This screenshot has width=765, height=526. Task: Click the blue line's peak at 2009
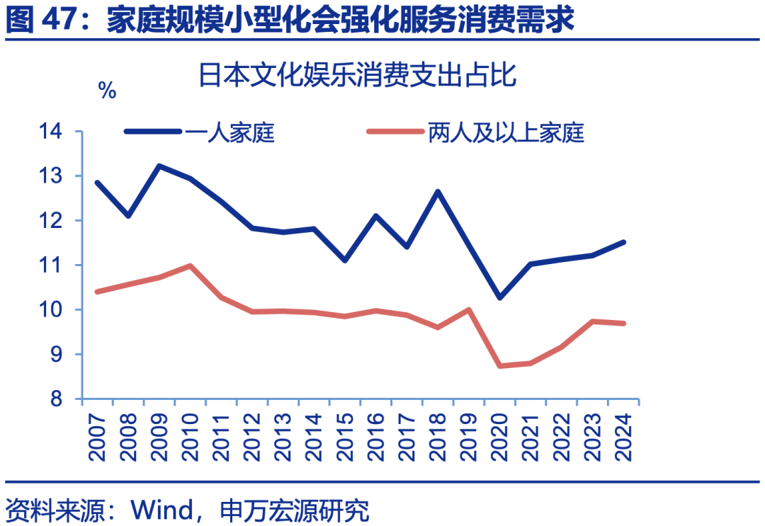point(159,166)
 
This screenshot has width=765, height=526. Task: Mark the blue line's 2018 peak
point(438,191)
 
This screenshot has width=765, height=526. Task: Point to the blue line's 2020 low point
point(500,298)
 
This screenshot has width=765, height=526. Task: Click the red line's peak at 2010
point(191,265)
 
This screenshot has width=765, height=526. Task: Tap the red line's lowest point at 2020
point(500,366)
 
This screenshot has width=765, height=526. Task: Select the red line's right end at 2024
point(624,324)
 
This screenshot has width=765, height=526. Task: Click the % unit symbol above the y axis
point(107,91)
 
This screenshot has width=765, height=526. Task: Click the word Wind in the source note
point(163,510)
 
